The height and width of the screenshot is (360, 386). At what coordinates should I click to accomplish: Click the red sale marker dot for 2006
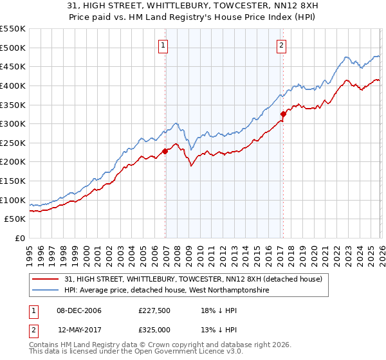[165, 151]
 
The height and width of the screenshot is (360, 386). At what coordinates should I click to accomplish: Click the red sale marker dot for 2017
[282, 114]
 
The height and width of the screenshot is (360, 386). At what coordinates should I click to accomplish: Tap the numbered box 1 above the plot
[164, 45]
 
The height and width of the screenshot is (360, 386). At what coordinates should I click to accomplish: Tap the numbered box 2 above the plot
[282, 45]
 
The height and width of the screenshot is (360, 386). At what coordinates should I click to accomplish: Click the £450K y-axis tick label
[13, 66]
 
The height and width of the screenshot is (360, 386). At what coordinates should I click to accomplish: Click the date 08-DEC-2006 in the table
[79, 310]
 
